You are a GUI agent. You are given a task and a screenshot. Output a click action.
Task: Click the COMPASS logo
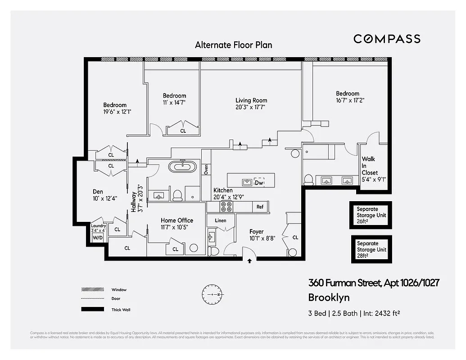387,39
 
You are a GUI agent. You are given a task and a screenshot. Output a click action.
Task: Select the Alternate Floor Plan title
233,45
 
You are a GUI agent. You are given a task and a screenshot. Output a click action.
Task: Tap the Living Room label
251,101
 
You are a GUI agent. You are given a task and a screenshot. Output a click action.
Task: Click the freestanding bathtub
183,166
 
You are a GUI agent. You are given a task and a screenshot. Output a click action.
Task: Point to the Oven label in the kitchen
206,170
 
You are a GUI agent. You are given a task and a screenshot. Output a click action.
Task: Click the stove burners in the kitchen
226,207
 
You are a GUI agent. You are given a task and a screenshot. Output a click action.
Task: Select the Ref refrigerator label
260,207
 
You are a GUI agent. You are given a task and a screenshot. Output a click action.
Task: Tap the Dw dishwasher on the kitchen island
259,183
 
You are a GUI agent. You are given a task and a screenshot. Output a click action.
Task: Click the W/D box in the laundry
98,237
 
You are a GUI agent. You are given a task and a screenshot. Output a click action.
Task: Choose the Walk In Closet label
370,166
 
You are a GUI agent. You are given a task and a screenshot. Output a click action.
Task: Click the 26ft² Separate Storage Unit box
371,215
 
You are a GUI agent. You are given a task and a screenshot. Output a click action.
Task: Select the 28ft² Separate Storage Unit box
371,250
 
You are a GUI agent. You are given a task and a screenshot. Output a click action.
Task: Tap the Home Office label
176,220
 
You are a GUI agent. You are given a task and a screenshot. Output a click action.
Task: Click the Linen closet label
221,220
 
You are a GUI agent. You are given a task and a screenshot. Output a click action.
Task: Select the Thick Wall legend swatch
92,310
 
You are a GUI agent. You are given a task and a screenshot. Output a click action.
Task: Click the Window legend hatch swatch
92,289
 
